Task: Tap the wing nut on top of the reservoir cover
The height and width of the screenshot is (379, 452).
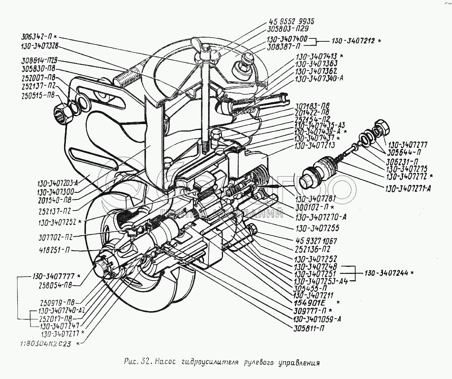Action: click(x=204, y=54)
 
